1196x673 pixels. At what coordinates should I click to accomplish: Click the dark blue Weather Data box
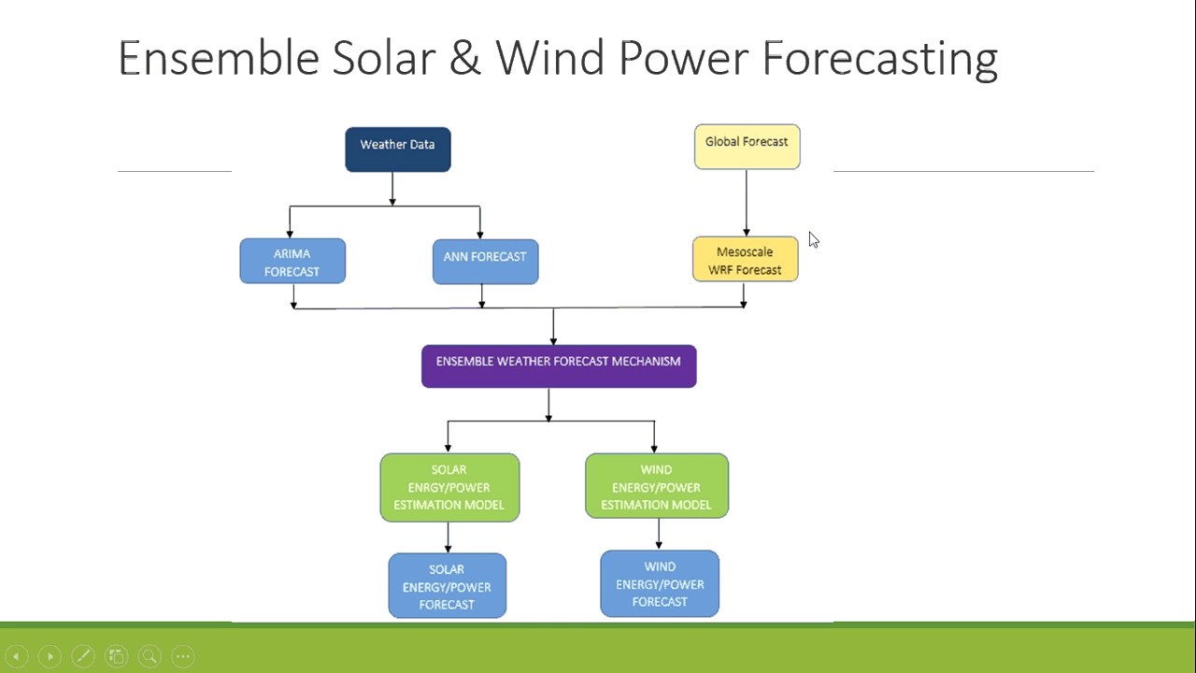(397, 150)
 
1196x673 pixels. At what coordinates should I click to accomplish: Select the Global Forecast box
(747, 147)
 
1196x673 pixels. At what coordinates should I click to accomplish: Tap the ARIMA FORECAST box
(292, 262)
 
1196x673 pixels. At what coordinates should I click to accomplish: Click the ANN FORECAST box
(485, 262)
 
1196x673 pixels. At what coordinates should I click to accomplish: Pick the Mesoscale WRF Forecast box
(745, 260)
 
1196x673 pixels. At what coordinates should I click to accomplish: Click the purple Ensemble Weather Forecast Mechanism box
(558, 365)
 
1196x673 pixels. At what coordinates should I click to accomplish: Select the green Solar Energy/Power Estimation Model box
(448, 487)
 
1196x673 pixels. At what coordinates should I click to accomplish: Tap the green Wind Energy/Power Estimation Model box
(656, 486)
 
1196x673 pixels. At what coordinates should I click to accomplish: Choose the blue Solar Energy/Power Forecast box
(447, 586)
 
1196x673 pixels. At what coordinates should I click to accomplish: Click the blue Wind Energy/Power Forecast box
(659, 583)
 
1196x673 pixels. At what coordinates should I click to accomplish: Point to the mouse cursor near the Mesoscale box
(813, 239)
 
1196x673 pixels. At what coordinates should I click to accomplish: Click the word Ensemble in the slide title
(219, 58)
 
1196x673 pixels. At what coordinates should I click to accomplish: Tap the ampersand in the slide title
(463, 58)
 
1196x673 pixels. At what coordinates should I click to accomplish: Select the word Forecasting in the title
(879, 58)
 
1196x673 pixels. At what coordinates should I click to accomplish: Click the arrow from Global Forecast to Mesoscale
(746, 202)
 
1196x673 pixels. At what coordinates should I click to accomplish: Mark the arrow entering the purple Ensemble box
(553, 327)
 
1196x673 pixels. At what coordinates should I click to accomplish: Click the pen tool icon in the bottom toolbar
(83, 656)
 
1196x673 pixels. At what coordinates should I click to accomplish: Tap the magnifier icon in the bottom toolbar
(149, 656)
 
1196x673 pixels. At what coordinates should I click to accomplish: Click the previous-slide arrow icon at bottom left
(16, 656)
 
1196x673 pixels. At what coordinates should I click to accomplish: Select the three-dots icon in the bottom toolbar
(183, 656)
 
